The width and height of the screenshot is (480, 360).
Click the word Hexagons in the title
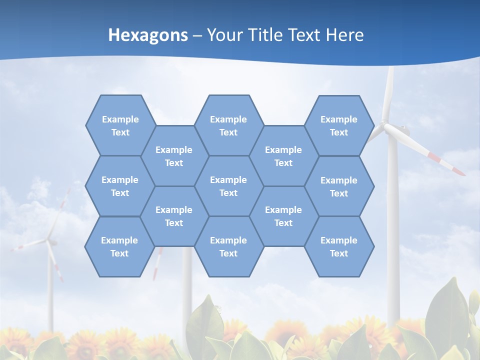pyautogui.click(x=148, y=35)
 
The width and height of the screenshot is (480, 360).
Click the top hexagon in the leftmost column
pyautogui.click(x=120, y=125)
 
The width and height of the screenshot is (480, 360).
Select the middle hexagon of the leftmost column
pyautogui.click(x=120, y=186)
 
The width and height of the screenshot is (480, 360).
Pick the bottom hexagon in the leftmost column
pyautogui.click(x=119, y=246)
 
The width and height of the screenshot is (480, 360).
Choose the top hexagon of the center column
pyautogui.click(x=228, y=125)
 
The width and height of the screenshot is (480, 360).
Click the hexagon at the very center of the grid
pyautogui.click(x=228, y=186)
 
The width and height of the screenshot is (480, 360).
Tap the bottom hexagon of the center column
pyautogui.click(x=228, y=246)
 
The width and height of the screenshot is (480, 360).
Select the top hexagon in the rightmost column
pyautogui.click(x=339, y=125)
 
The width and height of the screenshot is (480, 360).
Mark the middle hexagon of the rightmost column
pyautogui.click(x=339, y=186)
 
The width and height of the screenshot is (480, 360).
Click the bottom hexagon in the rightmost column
pyautogui.click(x=339, y=246)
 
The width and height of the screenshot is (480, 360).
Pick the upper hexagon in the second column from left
pyautogui.click(x=174, y=156)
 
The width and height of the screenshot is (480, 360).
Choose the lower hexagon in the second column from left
pyautogui.click(x=174, y=216)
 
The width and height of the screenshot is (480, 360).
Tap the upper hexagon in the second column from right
pyautogui.click(x=283, y=156)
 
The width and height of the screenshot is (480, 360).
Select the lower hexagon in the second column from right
pyautogui.click(x=283, y=216)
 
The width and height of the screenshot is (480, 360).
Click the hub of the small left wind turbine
pyautogui.click(x=50, y=242)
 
